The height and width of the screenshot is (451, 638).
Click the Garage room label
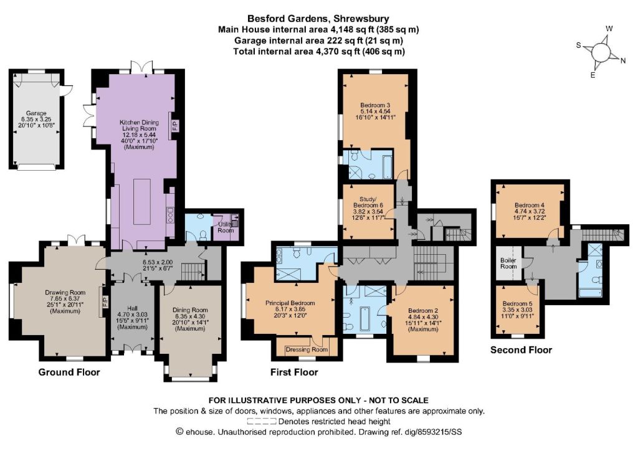(36, 113)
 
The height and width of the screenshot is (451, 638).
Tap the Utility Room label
(226, 227)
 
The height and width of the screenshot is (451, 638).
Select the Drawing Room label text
(65, 292)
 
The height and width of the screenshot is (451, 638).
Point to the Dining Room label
(190, 310)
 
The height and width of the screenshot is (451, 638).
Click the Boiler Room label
(508, 263)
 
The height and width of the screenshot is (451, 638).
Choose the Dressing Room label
(307, 349)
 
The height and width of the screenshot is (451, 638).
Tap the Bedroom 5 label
(517, 304)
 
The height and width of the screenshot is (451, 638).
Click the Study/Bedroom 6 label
(368, 202)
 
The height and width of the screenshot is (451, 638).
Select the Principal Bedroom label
(290, 303)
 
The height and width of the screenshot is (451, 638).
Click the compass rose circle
(600, 52)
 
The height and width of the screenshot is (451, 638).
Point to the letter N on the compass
(623, 61)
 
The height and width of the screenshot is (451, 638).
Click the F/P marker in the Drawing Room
(104, 301)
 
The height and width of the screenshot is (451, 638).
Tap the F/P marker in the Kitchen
(175, 125)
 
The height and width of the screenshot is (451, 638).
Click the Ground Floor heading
(69, 372)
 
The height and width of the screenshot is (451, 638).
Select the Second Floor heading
(521, 349)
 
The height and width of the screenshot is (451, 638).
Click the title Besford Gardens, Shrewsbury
(318, 18)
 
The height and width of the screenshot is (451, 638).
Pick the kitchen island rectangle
(142, 201)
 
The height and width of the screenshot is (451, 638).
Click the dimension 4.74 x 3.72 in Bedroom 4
(530, 211)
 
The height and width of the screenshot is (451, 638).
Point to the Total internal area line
(319, 51)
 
